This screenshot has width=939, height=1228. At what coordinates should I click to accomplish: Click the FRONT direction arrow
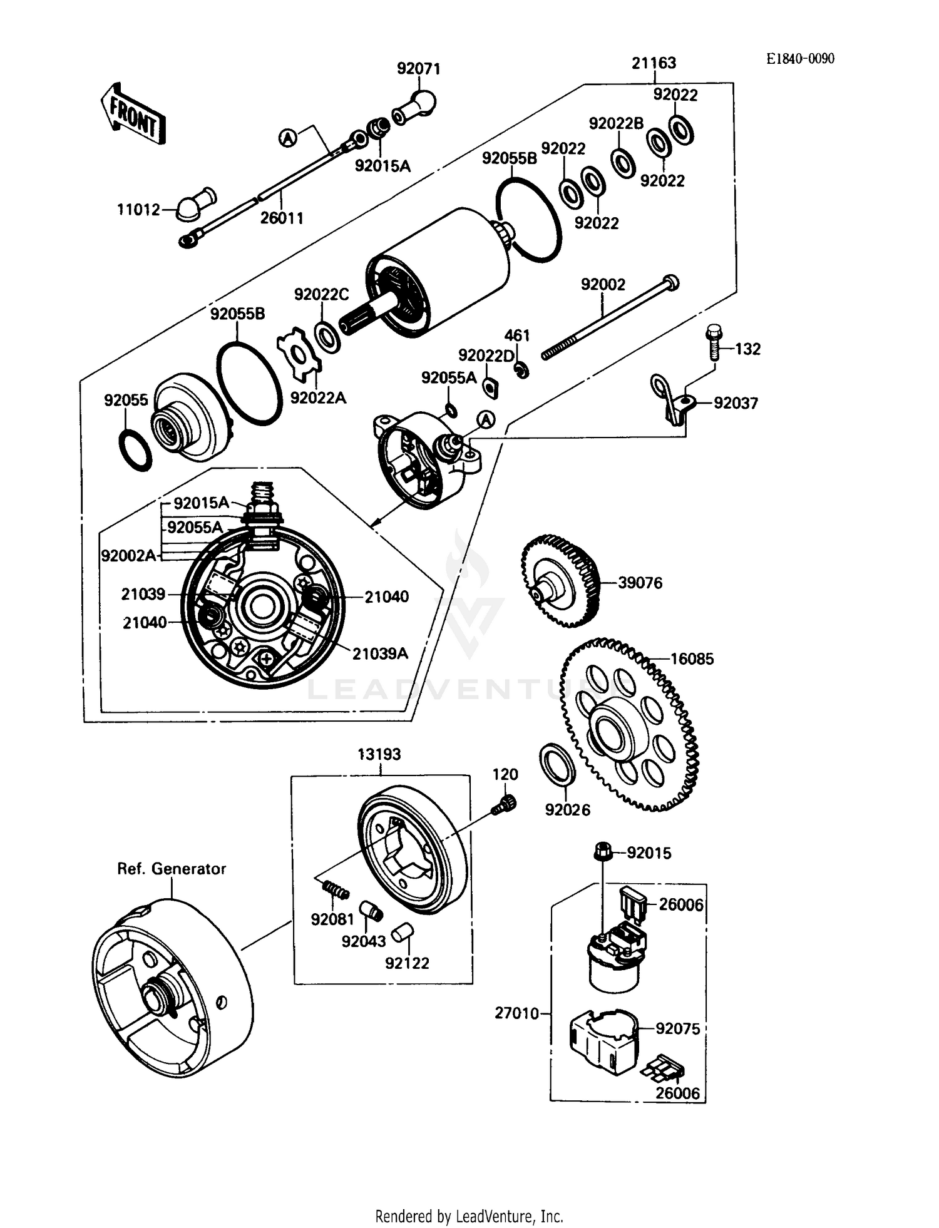click(x=133, y=114)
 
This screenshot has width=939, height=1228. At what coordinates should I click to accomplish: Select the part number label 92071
click(x=419, y=69)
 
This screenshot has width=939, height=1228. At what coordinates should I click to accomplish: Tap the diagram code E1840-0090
click(x=801, y=59)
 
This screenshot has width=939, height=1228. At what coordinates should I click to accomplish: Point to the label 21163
click(x=654, y=63)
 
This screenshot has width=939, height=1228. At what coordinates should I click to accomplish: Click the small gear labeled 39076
click(x=560, y=581)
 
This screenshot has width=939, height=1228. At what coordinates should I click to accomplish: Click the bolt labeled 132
click(x=712, y=342)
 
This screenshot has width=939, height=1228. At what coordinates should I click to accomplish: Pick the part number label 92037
click(x=736, y=403)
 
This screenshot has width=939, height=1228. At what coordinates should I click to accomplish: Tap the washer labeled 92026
click(x=557, y=764)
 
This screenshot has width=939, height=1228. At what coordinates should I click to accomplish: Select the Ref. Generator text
click(x=172, y=869)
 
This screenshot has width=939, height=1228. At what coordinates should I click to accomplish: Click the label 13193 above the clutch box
click(x=379, y=754)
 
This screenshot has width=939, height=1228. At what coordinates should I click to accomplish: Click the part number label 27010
click(x=516, y=1013)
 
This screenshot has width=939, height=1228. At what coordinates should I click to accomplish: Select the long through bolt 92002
click(x=610, y=319)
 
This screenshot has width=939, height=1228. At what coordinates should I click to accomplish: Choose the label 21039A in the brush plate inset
click(x=380, y=653)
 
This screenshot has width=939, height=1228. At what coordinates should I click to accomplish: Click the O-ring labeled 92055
click(x=135, y=450)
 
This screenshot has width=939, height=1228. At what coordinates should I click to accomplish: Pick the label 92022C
click(x=321, y=294)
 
